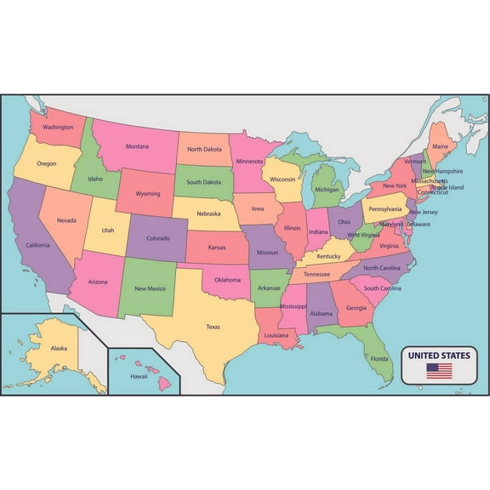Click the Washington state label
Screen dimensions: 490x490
pos(58,127)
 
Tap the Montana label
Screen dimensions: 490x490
pos(137,146)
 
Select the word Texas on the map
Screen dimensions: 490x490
pos(213,326)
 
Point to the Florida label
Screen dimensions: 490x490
pos(379,358)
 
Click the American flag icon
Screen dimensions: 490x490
pos(439,371)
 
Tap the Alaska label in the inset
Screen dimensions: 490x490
pos(59,348)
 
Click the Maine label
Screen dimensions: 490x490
pos(440,146)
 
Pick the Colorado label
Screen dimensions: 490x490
pos(158,238)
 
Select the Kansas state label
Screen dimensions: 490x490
pos(217,247)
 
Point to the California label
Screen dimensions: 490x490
pos(37,245)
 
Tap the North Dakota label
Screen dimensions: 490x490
pos(205,150)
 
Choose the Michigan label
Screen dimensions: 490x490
pos(327,191)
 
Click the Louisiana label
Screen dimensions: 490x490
pos(276,335)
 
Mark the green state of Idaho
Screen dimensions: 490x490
pos(92,174)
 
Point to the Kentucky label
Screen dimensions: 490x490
pos(328,256)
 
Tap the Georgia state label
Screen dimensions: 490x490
pos(356,308)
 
